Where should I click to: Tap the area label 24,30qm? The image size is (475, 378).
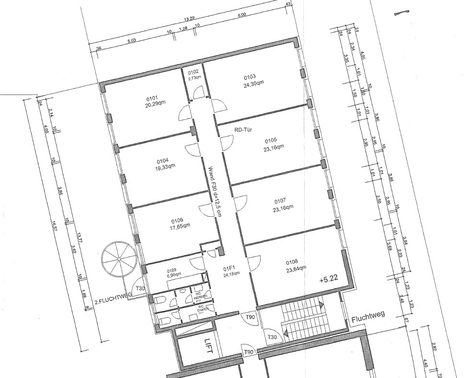253,83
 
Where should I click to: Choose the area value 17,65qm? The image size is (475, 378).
180,225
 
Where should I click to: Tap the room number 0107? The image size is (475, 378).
280,201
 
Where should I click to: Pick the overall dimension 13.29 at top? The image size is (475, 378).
189,20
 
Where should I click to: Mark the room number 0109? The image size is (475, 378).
172,270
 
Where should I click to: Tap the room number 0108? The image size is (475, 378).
292,262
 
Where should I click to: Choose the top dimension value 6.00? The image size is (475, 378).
241,15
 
